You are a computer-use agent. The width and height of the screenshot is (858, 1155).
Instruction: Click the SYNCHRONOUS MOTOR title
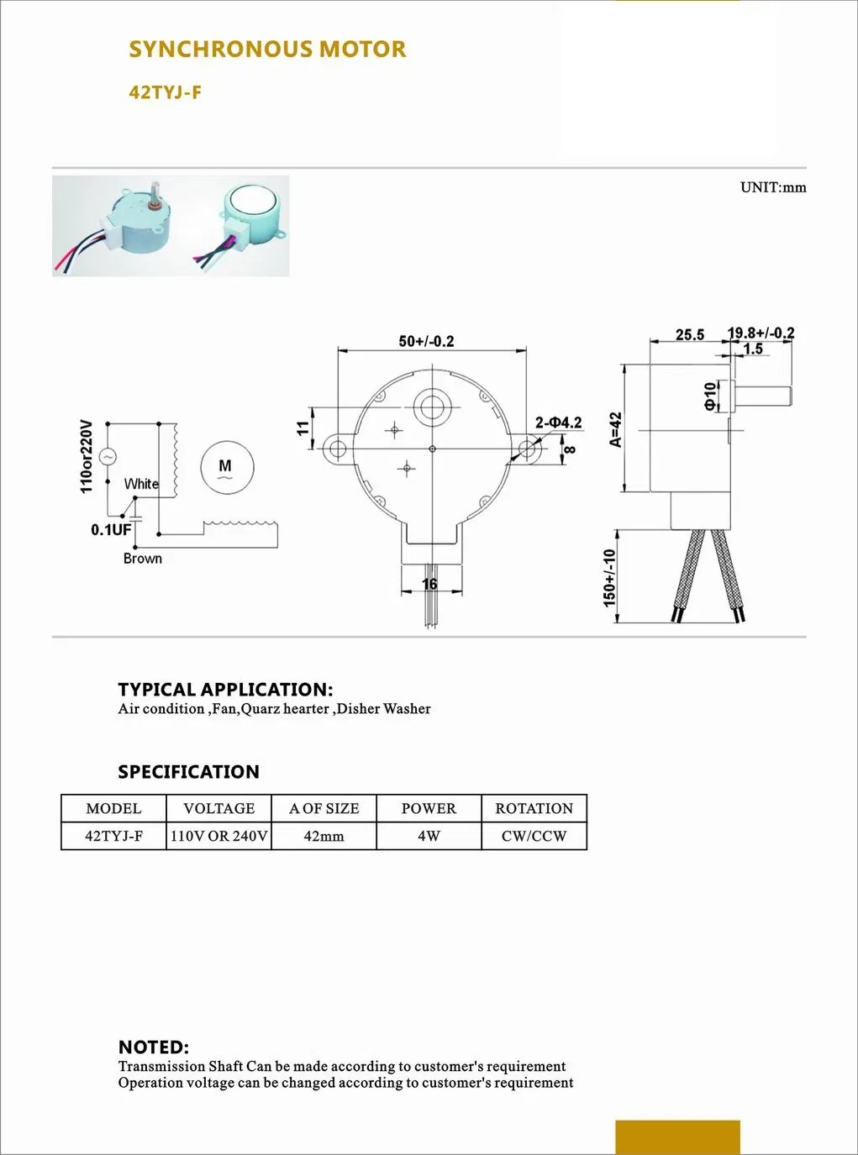(267, 50)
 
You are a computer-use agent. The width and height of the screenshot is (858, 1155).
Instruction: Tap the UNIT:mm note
(772, 187)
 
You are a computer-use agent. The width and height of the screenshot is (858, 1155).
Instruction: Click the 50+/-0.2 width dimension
(426, 341)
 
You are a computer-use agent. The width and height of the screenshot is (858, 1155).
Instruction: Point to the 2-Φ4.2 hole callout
(559, 423)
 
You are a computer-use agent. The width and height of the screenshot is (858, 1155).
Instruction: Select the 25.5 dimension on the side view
(690, 334)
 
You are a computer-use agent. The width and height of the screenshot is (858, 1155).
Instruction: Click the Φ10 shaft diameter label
(710, 395)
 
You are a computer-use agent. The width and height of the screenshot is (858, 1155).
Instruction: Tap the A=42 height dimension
(615, 429)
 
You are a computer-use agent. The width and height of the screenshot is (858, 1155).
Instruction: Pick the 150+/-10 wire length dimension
(609, 578)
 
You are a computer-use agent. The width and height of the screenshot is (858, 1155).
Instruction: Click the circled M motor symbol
(225, 468)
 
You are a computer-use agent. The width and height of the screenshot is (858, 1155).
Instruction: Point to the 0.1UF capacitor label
(111, 530)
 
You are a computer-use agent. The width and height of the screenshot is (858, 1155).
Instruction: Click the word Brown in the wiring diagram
(142, 559)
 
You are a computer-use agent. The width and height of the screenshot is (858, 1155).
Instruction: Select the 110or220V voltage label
(86, 456)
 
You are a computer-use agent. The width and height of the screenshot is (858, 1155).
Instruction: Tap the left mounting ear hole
(337, 448)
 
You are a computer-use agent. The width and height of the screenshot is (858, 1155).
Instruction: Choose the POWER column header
(429, 808)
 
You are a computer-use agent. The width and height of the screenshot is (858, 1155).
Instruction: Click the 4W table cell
(429, 836)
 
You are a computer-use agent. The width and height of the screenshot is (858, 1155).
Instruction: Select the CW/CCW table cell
(534, 836)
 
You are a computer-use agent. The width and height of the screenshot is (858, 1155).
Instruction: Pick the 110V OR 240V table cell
(218, 836)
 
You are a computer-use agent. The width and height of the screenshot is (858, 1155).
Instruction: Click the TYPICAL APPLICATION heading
(225, 690)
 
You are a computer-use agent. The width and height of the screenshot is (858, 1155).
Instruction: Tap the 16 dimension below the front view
(429, 584)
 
